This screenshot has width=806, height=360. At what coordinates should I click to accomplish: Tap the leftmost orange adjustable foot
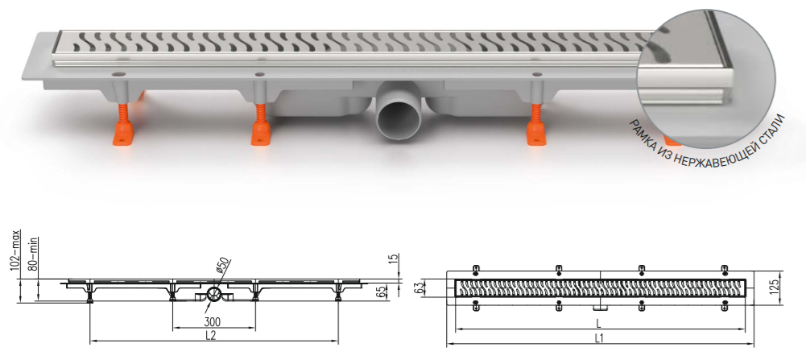click(124, 125)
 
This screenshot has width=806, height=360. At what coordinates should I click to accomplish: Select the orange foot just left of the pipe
click(262, 125)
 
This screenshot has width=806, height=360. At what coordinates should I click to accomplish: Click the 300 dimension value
click(213, 322)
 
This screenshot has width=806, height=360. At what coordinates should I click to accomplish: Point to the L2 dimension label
click(209, 335)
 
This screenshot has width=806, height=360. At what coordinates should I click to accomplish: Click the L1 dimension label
click(599, 338)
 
